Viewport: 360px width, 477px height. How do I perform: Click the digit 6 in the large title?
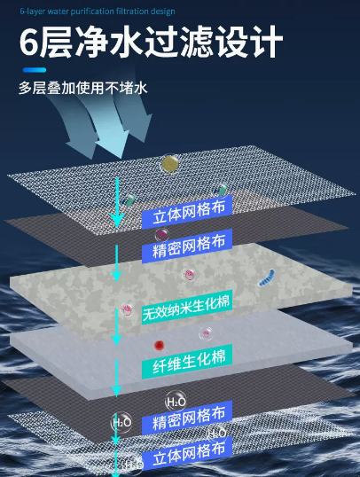(29, 42)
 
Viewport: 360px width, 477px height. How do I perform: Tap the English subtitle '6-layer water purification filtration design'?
(98, 12)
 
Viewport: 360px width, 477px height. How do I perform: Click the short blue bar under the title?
(35, 70)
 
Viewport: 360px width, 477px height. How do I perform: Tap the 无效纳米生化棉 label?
(186, 308)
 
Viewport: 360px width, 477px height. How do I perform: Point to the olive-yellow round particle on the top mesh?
(170, 163)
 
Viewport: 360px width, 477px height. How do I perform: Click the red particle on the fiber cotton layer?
(159, 345)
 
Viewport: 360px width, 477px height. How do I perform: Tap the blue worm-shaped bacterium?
(267, 278)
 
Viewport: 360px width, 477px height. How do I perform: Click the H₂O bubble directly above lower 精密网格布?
(176, 402)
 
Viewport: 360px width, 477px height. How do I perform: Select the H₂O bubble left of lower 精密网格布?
(121, 422)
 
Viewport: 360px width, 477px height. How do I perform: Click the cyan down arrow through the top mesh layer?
(117, 203)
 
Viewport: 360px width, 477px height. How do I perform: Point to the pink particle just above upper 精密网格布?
(161, 234)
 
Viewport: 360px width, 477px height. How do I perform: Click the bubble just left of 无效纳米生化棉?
(127, 310)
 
